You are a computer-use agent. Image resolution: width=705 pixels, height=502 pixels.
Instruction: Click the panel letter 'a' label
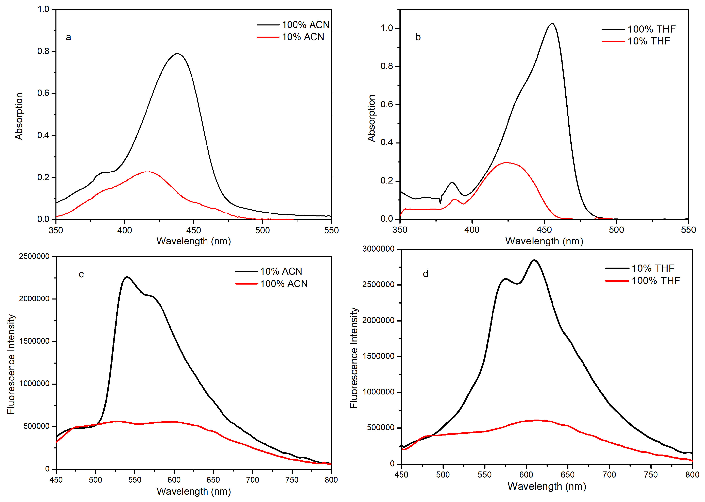[x=68, y=37]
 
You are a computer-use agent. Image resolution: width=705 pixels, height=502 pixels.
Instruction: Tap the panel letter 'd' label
[x=426, y=274]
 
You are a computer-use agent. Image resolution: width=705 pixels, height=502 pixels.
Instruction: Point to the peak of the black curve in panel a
[x=177, y=54]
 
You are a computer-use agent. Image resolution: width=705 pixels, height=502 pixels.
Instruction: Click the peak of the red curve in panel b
[x=506, y=163]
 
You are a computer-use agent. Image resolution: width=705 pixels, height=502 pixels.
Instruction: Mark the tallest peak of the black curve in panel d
[x=534, y=260]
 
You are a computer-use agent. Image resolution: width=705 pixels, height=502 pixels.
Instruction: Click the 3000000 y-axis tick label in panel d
[x=378, y=249]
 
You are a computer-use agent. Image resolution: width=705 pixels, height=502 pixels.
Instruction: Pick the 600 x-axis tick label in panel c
[x=174, y=480]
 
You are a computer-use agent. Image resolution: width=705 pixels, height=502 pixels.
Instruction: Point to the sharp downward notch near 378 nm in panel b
[x=440, y=203]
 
